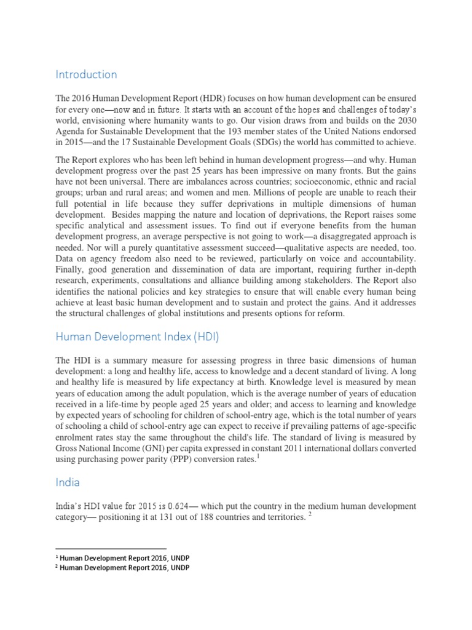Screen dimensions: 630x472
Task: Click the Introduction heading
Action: (x=86, y=74)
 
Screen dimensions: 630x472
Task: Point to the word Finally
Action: (x=70, y=272)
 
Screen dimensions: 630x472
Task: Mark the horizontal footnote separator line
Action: (x=111, y=548)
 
